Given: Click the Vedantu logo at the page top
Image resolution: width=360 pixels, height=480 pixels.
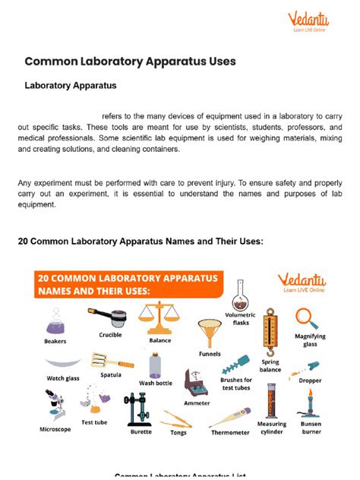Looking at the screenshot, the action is pos(309,22).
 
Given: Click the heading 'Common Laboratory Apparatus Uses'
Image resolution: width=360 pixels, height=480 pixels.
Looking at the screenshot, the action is pos(130,60).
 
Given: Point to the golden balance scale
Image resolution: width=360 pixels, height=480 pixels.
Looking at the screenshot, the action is pos(160,318).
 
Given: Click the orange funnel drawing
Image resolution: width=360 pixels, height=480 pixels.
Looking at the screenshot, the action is pos(208,333).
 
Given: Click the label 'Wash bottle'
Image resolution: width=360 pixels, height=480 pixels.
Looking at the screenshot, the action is pos(156,383).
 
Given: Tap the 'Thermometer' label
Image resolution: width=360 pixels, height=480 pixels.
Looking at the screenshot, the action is pos(230,432).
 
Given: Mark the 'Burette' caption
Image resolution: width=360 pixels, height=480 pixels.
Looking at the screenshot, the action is pos(141,431).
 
